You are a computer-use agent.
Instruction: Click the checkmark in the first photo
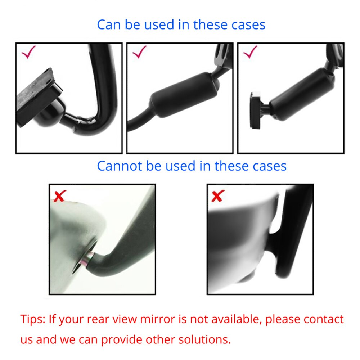[29, 53]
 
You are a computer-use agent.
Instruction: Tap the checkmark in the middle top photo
[139, 53]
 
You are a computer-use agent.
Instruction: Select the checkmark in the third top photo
[251, 53]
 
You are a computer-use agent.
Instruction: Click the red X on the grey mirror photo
[59, 196]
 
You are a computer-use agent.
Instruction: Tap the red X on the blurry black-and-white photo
[217, 196]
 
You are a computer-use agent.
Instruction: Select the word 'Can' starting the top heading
[109, 25]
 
